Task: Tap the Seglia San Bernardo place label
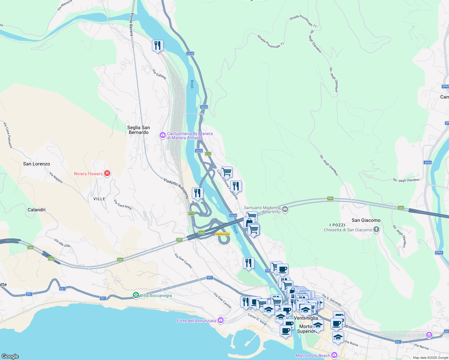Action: click(138, 130)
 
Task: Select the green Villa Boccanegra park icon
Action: click(136, 295)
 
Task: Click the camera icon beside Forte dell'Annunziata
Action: click(221, 320)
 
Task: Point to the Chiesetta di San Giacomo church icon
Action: click(376, 230)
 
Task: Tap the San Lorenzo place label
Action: click(37, 164)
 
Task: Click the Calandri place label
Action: click(37, 210)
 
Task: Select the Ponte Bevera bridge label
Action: click(131, 25)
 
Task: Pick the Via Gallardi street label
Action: click(159, 74)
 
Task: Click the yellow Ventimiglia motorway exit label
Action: click(222, 234)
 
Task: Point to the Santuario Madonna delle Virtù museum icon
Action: click(285, 209)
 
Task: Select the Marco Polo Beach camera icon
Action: click(334, 355)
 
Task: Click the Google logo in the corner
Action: click(10, 356)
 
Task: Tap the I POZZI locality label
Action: click(337, 225)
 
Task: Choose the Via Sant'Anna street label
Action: click(122, 205)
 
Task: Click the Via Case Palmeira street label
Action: click(8, 135)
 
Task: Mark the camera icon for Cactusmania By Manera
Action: click(163, 136)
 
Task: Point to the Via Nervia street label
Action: click(421, 346)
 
